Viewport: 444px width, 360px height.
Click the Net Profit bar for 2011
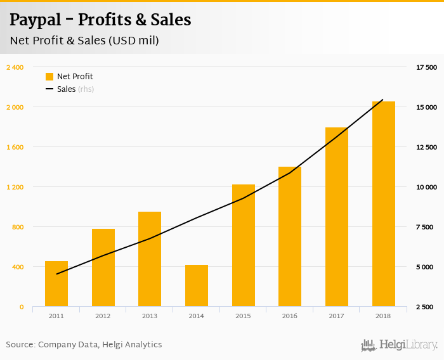click(56, 284)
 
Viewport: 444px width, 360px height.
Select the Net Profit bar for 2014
click(197, 286)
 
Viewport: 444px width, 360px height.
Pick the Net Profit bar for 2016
click(290, 237)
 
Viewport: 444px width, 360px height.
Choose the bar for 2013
click(150, 259)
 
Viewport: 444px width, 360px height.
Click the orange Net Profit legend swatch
click(49, 77)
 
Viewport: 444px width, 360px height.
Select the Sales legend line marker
click(49, 89)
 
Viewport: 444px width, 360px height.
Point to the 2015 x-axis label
click(243, 316)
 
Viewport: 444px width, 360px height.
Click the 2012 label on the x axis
click(103, 316)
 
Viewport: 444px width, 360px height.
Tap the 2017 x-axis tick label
click(337, 316)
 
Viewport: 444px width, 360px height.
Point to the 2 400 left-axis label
click(15, 67)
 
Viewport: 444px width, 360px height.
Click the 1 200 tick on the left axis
click(15, 187)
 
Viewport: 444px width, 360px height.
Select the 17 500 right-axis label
click(426, 67)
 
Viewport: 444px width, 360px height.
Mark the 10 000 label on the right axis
click(426, 187)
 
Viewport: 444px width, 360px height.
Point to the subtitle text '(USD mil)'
click(134, 41)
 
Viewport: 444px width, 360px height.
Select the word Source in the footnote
click(20, 345)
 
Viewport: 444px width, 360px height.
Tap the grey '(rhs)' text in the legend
click(86, 89)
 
